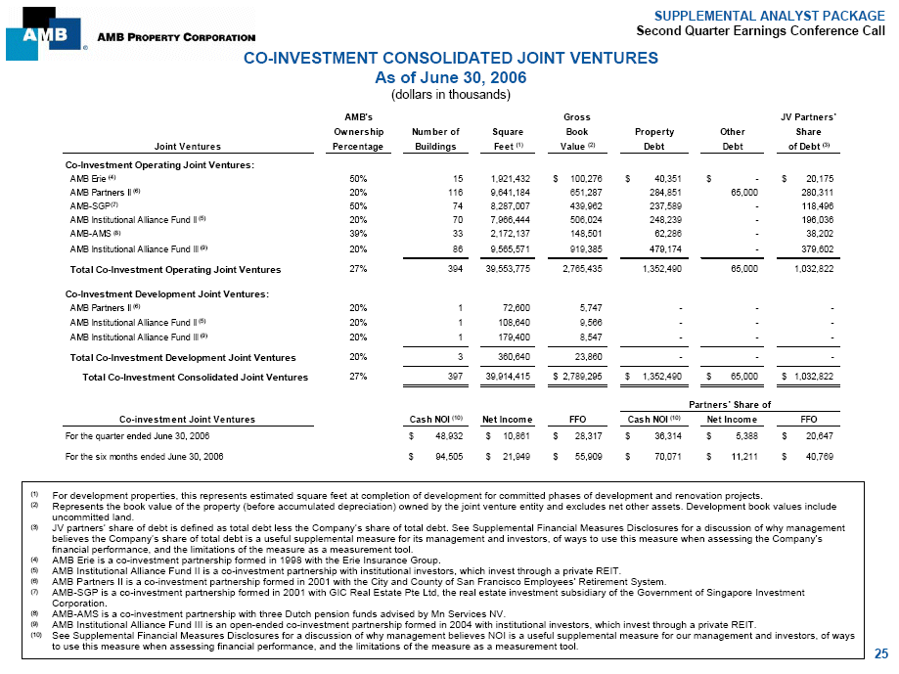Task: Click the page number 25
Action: [881, 653]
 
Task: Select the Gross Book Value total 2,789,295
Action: [580, 377]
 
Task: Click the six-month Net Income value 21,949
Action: [511, 456]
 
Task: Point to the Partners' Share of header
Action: [731, 404]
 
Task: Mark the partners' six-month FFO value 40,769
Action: [812, 456]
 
